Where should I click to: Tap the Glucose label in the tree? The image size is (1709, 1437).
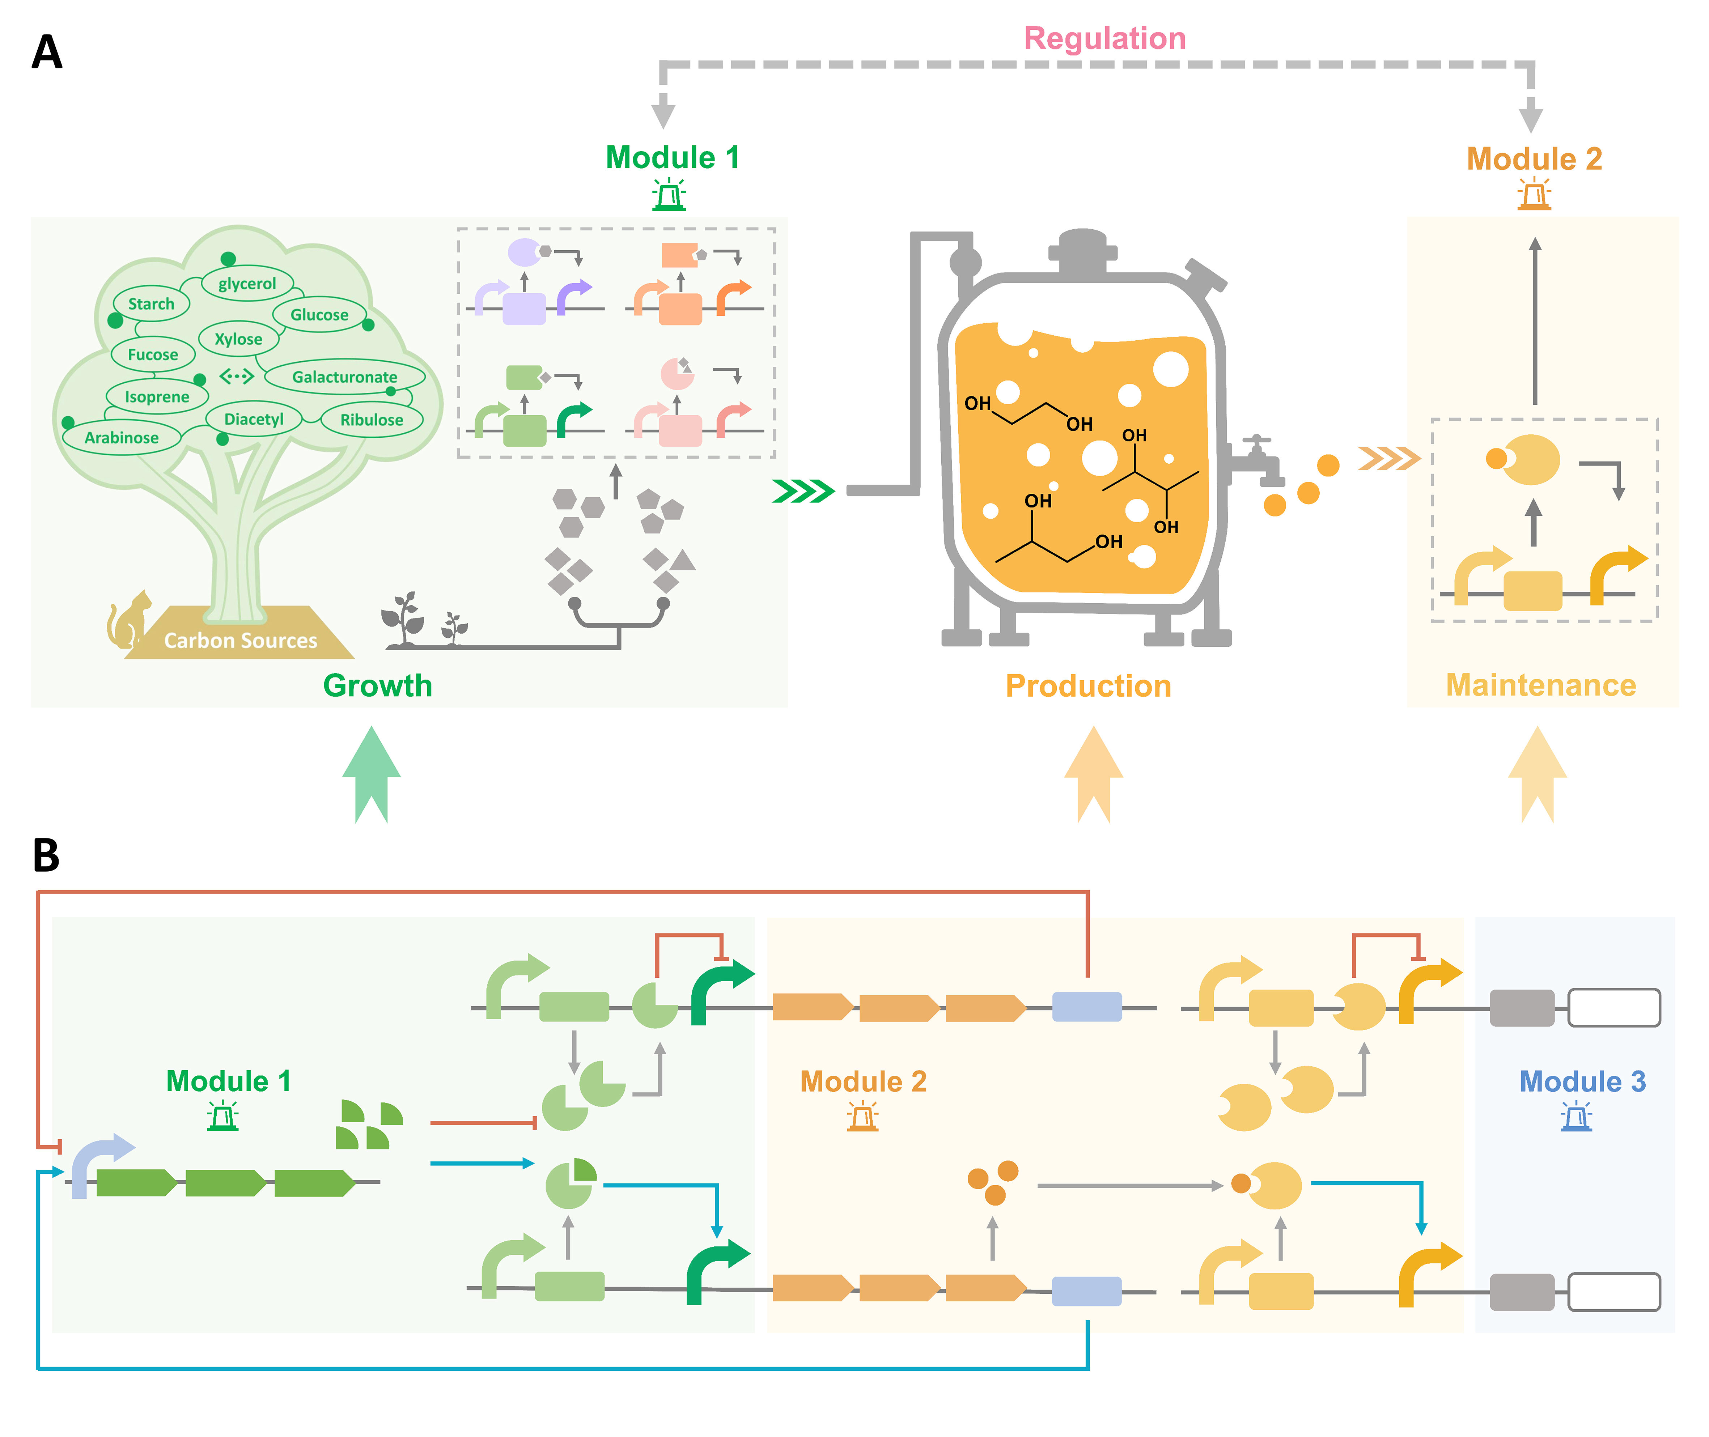(319, 314)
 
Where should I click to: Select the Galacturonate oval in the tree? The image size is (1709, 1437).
(344, 377)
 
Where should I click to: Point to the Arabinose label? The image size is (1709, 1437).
(121, 437)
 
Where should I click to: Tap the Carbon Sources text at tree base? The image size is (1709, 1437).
(240, 640)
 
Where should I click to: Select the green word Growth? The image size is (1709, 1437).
(377, 685)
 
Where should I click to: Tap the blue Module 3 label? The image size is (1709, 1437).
(1582, 1081)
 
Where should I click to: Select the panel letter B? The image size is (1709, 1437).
(46, 855)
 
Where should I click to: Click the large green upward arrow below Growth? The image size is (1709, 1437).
(372, 774)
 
